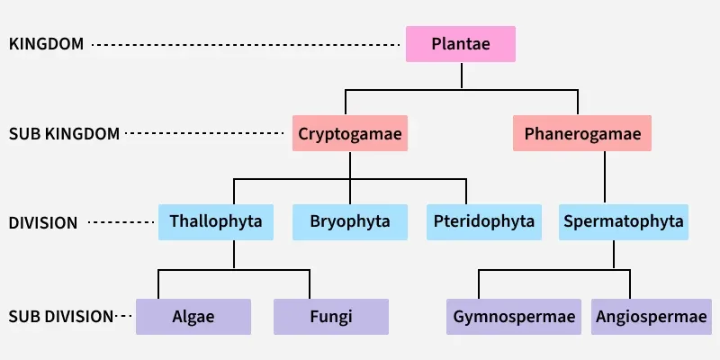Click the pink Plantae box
[461, 43]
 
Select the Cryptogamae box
[350, 134]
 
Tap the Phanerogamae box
[582, 134]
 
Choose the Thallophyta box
[216, 221]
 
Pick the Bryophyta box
[350, 221]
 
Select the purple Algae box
[193, 317]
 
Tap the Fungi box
[330, 317]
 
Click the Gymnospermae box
[514, 317]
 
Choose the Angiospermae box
[652, 317]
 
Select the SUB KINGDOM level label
[64, 134]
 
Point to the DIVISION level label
[43, 222]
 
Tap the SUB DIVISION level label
[60, 317]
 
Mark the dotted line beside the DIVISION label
[121, 222]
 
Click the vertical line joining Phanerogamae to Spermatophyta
[605, 176]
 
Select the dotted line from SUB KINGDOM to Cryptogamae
[206, 134]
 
